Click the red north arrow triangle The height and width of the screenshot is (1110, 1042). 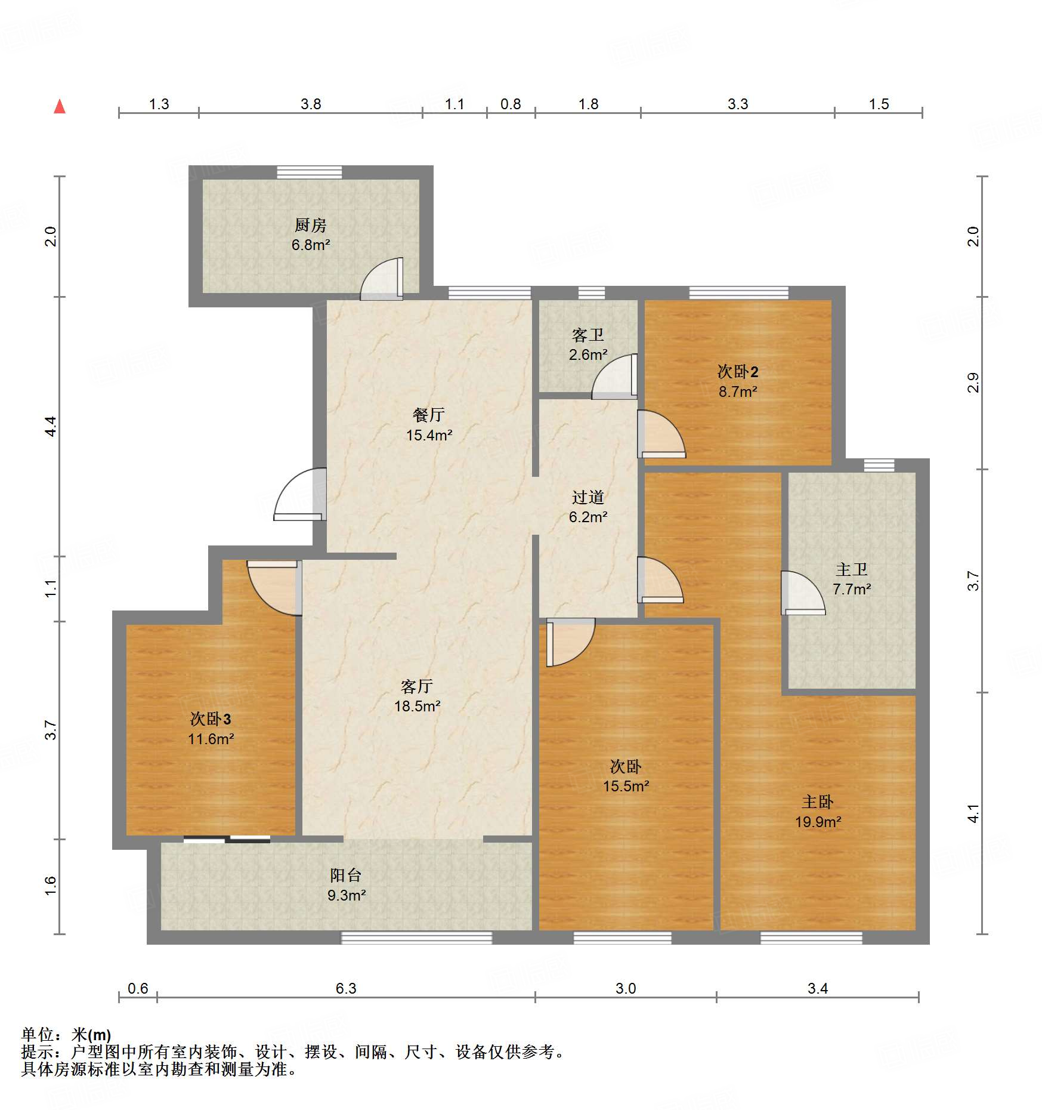coord(60,107)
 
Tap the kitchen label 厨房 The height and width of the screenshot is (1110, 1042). coord(310,225)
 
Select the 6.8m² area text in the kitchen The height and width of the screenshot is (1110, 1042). coord(310,245)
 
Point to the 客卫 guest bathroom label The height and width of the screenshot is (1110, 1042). coord(588,335)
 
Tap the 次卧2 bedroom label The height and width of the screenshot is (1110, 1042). coord(738,372)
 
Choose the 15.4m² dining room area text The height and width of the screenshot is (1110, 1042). coord(429,435)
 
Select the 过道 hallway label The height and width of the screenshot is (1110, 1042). coord(588,497)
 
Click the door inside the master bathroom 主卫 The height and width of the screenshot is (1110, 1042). coord(802,593)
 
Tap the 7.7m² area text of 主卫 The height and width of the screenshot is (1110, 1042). coord(851,589)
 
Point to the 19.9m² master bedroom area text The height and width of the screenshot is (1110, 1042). coord(817,822)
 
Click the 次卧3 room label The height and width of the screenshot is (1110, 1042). coord(211,719)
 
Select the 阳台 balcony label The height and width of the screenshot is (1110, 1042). coord(346,875)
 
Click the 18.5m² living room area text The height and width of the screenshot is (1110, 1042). coord(417,706)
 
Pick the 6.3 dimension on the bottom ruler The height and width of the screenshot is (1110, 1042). coord(345,988)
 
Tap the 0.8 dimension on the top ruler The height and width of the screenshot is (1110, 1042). coord(511,104)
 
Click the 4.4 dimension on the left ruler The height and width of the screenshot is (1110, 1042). coord(51,426)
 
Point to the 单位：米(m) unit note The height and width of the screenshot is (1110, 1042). coord(66,1035)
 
